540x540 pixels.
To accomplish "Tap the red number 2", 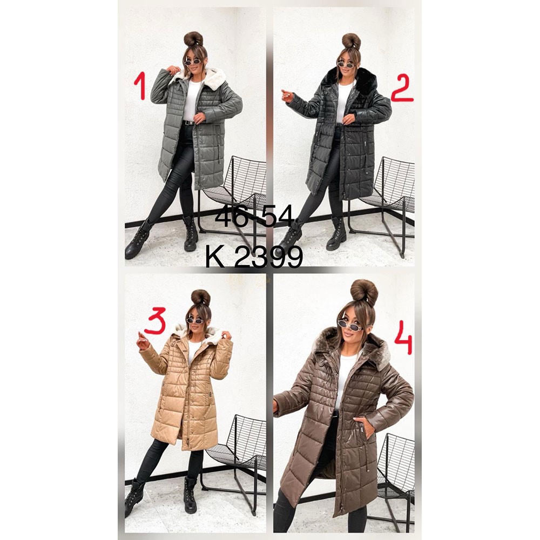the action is click(402, 89).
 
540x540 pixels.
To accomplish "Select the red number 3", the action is click(156, 321).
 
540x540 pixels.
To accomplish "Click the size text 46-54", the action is click(254, 217).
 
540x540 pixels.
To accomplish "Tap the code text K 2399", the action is click(254, 256).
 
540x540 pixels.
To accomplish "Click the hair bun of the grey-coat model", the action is click(193, 39).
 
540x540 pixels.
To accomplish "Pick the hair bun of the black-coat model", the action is click(352, 41).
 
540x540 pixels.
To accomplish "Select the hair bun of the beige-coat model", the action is click(201, 297).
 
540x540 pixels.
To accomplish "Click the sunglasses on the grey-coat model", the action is click(193, 62).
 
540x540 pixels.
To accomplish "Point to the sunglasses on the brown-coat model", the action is click(349, 325).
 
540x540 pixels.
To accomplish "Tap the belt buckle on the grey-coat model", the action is click(188, 122).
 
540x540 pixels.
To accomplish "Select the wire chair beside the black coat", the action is click(382, 203).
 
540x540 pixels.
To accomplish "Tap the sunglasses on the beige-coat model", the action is click(195, 321).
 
